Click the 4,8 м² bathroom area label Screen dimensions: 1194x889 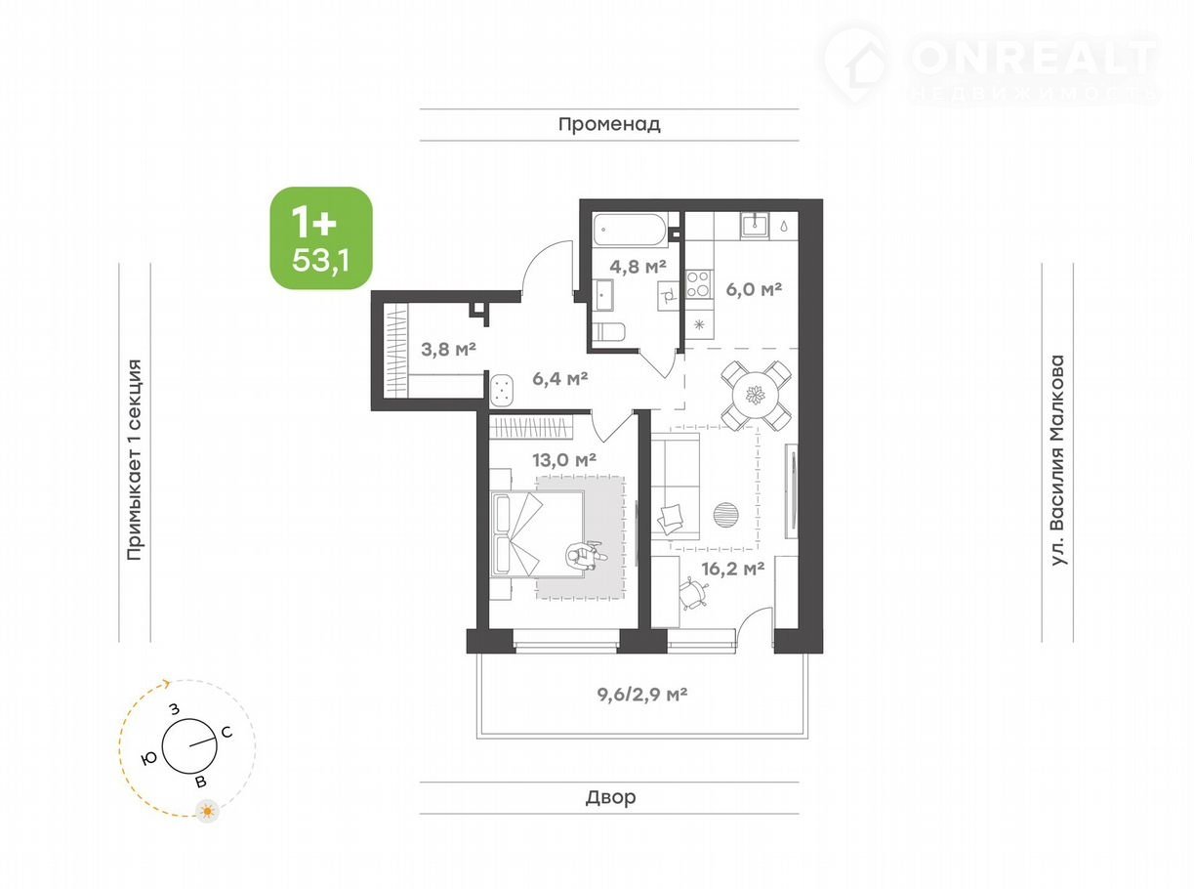click(638, 266)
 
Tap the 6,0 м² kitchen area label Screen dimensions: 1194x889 click(754, 290)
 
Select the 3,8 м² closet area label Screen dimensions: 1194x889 click(448, 349)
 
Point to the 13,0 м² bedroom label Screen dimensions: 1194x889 click(563, 459)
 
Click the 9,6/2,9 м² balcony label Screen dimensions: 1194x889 click(642, 694)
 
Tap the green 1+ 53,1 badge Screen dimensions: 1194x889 click(321, 238)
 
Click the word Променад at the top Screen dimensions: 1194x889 click(609, 124)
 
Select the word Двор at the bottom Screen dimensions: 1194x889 click(610, 797)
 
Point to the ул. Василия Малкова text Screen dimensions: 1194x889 click(1058, 460)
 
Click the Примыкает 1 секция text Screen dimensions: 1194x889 click(135, 459)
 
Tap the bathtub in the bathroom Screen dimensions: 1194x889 click(630, 230)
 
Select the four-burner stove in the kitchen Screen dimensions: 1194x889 click(698, 284)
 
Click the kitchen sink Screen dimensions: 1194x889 click(756, 225)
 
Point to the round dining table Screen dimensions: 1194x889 click(757, 396)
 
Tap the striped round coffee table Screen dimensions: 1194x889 click(725, 515)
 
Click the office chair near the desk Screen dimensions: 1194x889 click(693, 594)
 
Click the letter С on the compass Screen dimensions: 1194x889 click(226, 733)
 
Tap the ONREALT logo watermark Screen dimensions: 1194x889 click(991, 66)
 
